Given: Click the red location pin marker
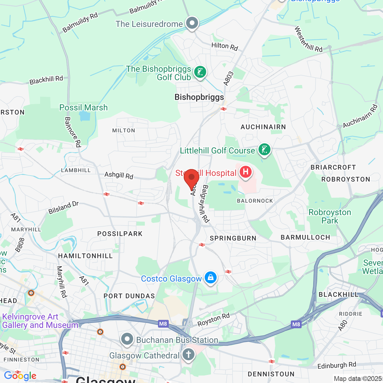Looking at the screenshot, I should (x=191, y=178).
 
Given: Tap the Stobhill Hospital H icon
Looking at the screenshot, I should (x=245, y=172).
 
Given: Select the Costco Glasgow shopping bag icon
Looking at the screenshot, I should (x=210, y=278).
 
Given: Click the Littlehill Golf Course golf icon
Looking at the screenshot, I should (x=264, y=149).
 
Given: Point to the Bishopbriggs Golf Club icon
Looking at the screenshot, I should (x=200, y=72).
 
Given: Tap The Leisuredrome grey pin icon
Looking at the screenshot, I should (x=192, y=23).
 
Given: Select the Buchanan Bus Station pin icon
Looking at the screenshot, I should (x=127, y=339).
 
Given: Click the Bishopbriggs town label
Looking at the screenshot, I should (x=199, y=97).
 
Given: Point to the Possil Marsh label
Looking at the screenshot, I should (x=83, y=107).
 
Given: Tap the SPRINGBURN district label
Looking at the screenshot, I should (x=233, y=238).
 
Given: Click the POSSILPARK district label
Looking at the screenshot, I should (x=120, y=234).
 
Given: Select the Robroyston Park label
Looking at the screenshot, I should (x=330, y=216).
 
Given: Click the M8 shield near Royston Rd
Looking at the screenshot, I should (x=163, y=324).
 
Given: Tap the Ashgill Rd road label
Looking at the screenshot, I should (x=119, y=175).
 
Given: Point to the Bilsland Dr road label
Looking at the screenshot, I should (x=63, y=208).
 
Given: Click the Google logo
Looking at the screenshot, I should (x=20, y=376).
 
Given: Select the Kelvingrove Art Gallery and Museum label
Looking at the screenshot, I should (x=40, y=321).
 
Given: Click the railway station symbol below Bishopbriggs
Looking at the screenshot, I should (x=224, y=109).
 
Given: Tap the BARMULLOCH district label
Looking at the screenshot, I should (x=305, y=237).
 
